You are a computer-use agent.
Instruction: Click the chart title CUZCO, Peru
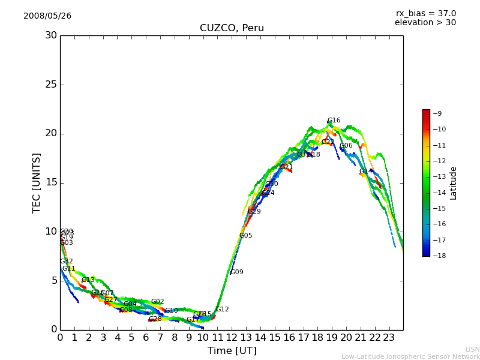point(232,28)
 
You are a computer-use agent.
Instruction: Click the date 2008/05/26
point(47,16)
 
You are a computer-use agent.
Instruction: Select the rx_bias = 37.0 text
point(425,13)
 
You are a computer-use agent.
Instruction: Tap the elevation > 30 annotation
point(425,23)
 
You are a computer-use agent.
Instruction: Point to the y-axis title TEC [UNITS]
point(37,182)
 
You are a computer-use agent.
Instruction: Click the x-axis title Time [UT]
point(232,351)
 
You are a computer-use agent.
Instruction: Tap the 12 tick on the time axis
point(232,338)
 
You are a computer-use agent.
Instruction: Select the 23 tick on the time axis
point(389,338)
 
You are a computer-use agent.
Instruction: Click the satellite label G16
point(334,121)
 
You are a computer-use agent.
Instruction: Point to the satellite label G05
point(245,236)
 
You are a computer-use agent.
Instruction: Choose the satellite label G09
point(237,272)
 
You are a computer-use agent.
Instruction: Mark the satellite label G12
point(223,310)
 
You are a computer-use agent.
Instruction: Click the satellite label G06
point(346,146)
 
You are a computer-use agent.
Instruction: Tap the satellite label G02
point(157,302)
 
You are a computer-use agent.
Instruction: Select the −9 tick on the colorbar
point(437,113)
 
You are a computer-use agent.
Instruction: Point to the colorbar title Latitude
point(454,182)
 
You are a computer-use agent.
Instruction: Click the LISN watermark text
point(472,349)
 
